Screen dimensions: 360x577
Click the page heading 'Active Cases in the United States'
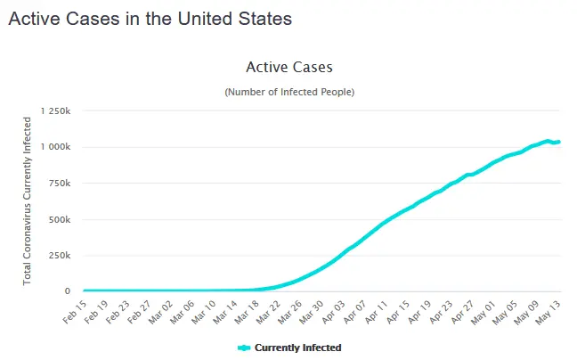click(150, 18)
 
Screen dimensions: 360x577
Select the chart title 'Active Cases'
click(288, 68)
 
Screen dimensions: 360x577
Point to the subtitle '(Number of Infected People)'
click(288, 92)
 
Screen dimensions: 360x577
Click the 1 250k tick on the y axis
click(55, 110)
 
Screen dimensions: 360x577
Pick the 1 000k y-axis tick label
click(55, 147)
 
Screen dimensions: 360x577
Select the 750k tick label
click(60, 183)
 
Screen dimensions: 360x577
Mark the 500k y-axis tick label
click(60, 219)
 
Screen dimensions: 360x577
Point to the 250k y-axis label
click(60, 255)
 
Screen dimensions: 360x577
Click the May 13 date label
click(549, 311)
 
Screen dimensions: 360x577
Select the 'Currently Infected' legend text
click(298, 348)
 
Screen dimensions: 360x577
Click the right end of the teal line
click(558, 142)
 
